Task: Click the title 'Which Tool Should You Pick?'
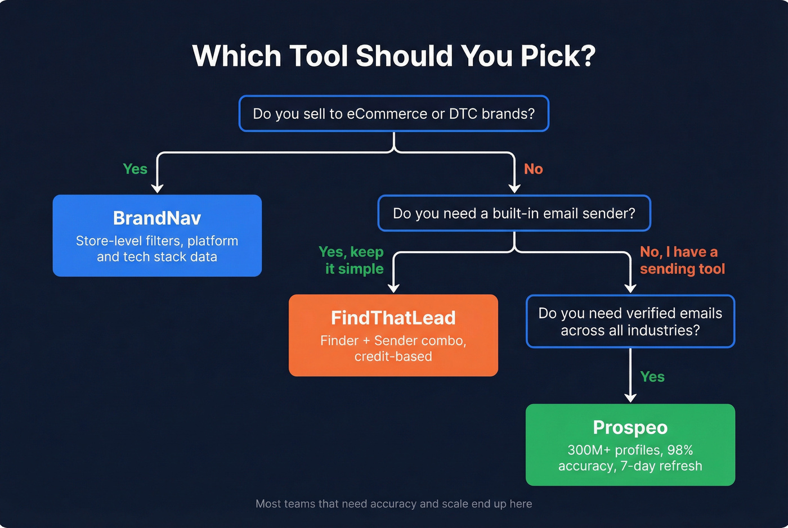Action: coord(393,56)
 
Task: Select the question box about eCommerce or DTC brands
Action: coord(393,114)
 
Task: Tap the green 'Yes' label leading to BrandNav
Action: coord(135,169)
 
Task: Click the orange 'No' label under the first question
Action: coord(533,169)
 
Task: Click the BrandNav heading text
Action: coord(157,218)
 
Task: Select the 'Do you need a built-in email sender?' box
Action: coord(514,213)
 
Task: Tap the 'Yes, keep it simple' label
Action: coord(352,260)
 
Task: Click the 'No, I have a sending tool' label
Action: coord(682,260)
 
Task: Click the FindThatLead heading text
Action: coord(393,318)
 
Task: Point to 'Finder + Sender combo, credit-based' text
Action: coord(393,348)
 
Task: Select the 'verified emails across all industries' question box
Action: coord(630,322)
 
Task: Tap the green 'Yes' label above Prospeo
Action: coord(652,377)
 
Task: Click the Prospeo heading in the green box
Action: coord(630,427)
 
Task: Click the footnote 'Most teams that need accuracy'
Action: coord(393,504)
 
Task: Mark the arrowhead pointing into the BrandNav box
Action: coord(158,189)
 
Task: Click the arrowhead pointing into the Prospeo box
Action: coord(630,398)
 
